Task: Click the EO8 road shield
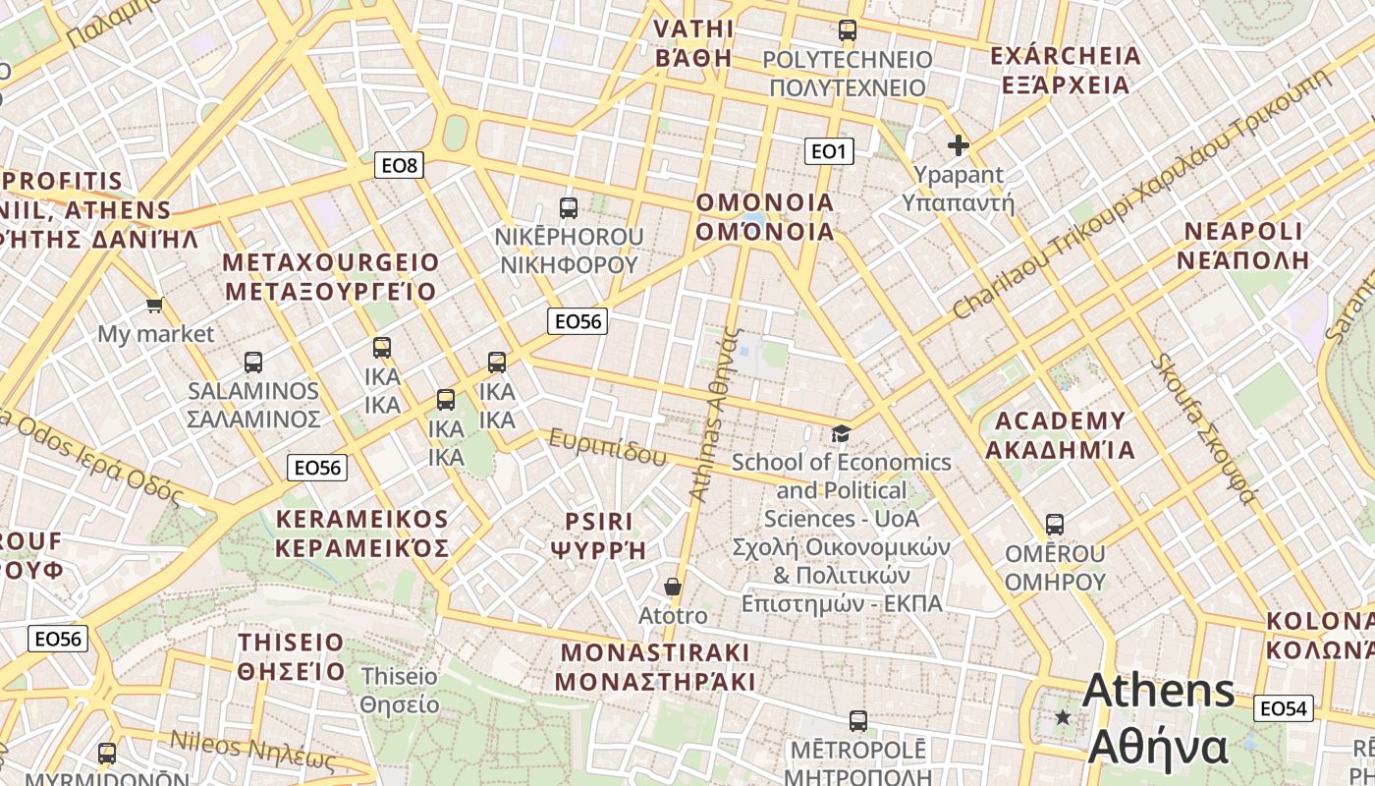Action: pyautogui.click(x=399, y=165)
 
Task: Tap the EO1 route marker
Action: pyautogui.click(x=829, y=150)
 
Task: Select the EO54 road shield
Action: pyautogui.click(x=1283, y=707)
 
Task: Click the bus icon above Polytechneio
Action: pyautogui.click(x=847, y=30)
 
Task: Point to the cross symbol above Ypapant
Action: pyautogui.click(x=958, y=146)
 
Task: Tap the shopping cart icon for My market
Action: pyautogui.click(x=154, y=305)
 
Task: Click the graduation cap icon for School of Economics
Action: pyautogui.click(x=841, y=433)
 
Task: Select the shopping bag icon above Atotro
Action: pyautogui.click(x=673, y=587)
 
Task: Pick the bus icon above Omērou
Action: pyautogui.click(x=1055, y=525)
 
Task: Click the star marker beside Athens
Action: pyautogui.click(x=1063, y=717)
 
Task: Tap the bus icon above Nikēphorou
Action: pyautogui.click(x=569, y=207)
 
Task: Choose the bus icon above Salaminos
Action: pyautogui.click(x=253, y=362)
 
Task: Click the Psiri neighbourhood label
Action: pyautogui.click(x=598, y=535)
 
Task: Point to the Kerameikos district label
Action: pyautogui.click(x=361, y=533)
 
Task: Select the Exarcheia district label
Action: pyautogui.click(x=1066, y=70)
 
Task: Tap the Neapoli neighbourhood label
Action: pyautogui.click(x=1243, y=246)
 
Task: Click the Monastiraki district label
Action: pyautogui.click(x=655, y=667)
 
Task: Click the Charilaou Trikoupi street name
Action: pyautogui.click(x=1139, y=196)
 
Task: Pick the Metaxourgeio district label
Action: pyautogui.click(x=330, y=277)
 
